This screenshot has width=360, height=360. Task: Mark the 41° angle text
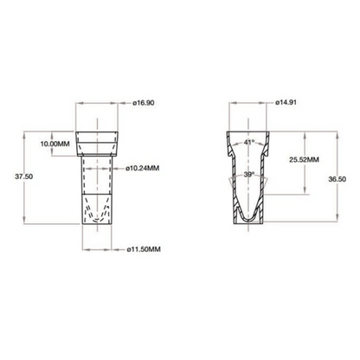[x=249, y=141]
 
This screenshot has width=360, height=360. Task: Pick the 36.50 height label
[x=348, y=179]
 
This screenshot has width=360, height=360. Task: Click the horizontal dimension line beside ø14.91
[x=249, y=103]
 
